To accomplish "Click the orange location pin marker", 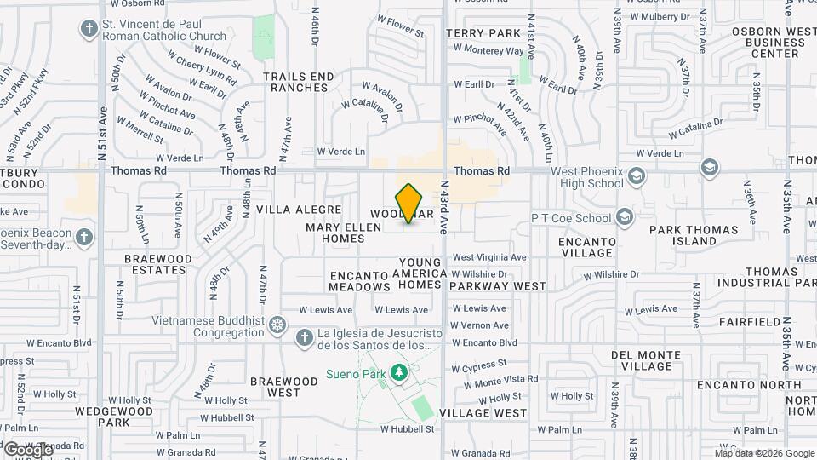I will click(x=409, y=203).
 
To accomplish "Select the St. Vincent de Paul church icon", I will click(x=88, y=29).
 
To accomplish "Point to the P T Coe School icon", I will click(x=626, y=217).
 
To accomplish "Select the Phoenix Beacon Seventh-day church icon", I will click(x=83, y=236).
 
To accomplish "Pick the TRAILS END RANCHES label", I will click(x=299, y=82).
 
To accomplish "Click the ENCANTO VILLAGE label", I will click(x=586, y=247).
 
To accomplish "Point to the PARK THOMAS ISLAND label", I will click(x=694, y=235).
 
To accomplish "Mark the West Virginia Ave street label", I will click(x=489, y=257).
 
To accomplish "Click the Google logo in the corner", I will click(x=27, y=449).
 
